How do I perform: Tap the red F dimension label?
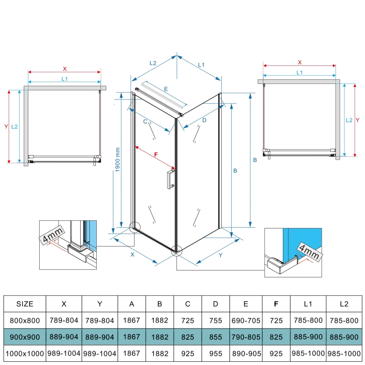click(x=156, y=154)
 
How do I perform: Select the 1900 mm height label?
click(x=118, y=160)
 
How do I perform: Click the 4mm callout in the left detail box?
click(x=52, y=235)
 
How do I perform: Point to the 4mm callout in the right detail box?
click(x=309, y=251)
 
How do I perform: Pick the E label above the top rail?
click(x=166, y=89)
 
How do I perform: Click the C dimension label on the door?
click(x=145, y=121)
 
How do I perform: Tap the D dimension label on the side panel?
click(x=204, y=120)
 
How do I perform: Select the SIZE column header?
click(x=25, y=304)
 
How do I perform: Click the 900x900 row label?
click(x=25, y=337)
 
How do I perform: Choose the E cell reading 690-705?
click(x=246, y=321)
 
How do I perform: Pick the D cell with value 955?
click(x=215, y=354)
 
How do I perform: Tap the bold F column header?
click(x=276, y=304)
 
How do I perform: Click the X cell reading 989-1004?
click(x=64, y=353)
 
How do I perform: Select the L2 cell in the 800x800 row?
click(x=344, y=321)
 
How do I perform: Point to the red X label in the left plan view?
click(x=65, y=69)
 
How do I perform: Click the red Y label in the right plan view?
click(x=358, y=120)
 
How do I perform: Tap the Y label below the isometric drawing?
click(x=220, y=255)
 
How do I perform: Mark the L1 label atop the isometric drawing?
click(x=201, y=65)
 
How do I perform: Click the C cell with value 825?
click(x=188, y=337)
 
